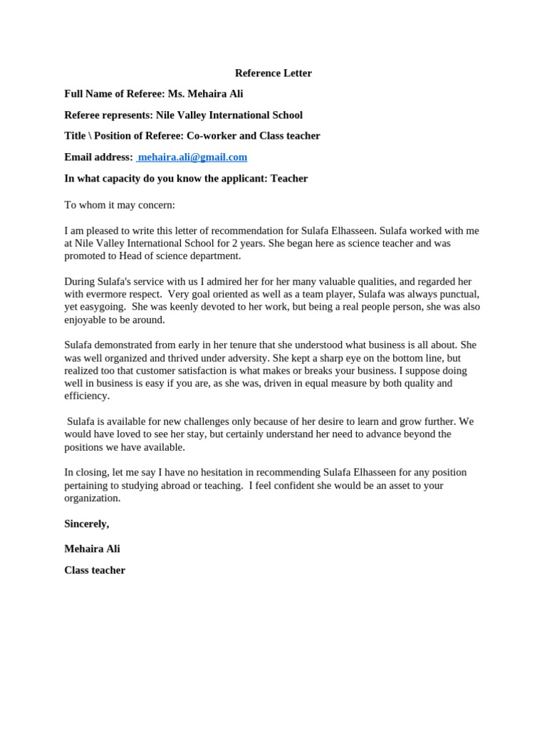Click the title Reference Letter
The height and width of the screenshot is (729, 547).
point(273,73)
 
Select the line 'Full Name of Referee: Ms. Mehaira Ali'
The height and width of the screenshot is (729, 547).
point(154,93)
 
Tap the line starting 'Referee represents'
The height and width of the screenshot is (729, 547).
point(183,115)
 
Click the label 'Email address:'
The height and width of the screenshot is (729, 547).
point(98,157)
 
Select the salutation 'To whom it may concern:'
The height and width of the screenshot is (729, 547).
point(120,205)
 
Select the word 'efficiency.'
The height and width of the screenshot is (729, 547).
point(87,396)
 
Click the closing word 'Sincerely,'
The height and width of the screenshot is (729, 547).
point(87,523)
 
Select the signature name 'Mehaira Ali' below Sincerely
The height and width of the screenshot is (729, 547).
point(93,549)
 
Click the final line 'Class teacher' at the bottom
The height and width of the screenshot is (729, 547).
point(95,570)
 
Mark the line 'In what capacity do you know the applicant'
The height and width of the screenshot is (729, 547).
point(186,178)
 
